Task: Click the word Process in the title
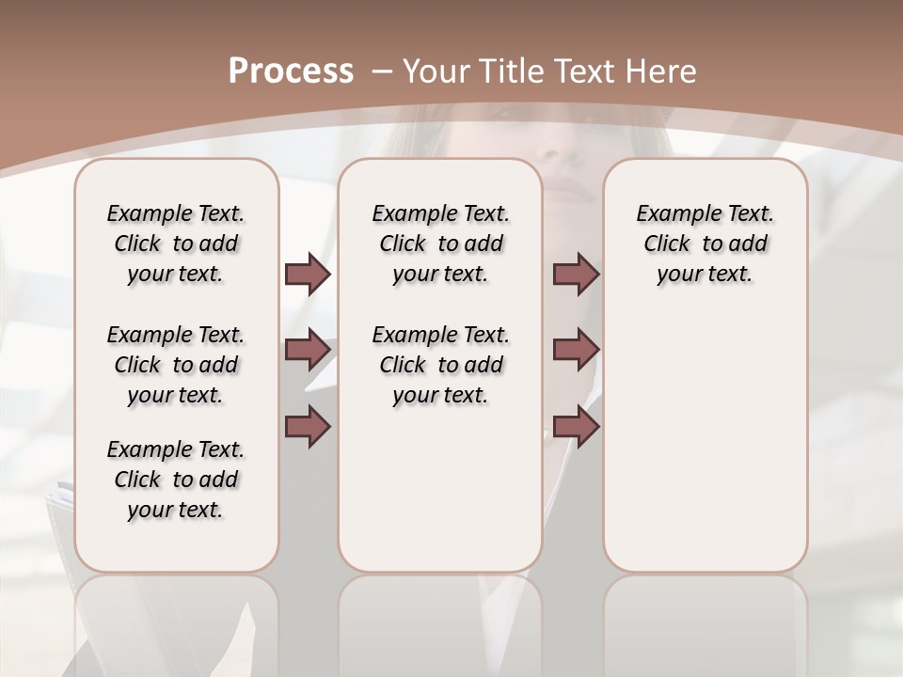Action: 291,71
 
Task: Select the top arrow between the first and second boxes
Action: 308,274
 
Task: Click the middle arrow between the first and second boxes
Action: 308,350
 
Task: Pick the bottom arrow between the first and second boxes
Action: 308,426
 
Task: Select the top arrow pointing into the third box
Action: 576,274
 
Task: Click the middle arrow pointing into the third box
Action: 576,350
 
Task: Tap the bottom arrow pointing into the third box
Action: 576,426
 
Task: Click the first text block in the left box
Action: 176,244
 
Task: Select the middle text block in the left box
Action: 176,365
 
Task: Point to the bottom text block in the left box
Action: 176,480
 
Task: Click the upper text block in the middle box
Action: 440,244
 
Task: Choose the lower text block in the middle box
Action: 440,365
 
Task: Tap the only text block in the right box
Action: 705,244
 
